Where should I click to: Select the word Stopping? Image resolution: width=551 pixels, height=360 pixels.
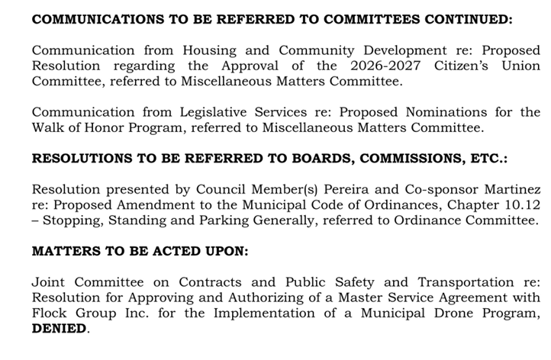click(73, 220)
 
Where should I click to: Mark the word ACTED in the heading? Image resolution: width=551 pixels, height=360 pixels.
click(159, 250)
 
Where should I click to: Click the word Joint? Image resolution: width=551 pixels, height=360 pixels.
click(51, 281)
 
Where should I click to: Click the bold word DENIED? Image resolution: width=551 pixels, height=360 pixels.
click(59, 329)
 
